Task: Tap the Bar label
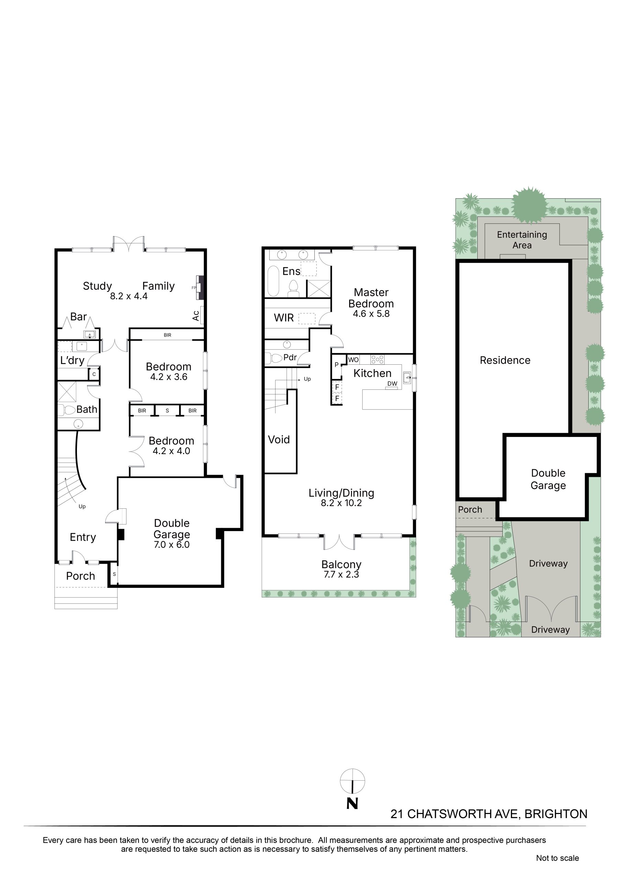point(78,317)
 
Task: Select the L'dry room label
point(72,360)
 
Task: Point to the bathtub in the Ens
point(273,281)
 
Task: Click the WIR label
point(284,318)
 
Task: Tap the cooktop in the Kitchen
point(377,360)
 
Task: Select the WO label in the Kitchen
point(353,360)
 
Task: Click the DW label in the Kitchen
point(392,384)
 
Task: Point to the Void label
point(279,440)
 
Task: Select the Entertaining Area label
point(522,240)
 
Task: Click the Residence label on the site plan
point(505,360)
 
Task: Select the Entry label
point(83,537)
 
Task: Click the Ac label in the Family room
point(196,316)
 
